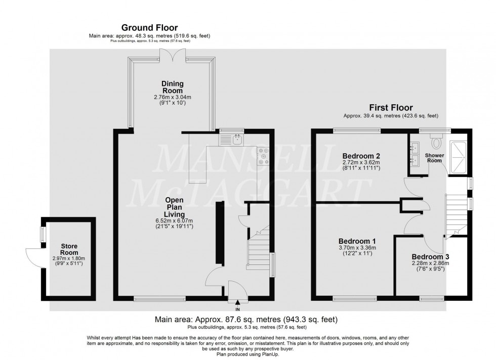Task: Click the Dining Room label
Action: pos(172,87)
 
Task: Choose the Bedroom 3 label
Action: pos(430,256)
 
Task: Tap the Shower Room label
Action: pos(434,157)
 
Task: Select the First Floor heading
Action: pos(390,108)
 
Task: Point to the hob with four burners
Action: pos(263,156)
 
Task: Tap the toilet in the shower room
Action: pos(436,136)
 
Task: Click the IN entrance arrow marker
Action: pos(237,302)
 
